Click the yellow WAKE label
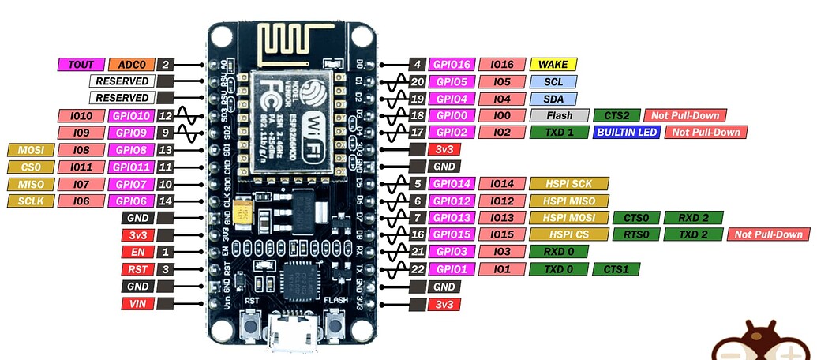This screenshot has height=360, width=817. point(553,64)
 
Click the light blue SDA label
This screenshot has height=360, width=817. point(553,99)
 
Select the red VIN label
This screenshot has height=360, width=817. point(137,304)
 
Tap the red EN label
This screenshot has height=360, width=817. point(137,252)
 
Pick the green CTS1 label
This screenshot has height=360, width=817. point(616,269)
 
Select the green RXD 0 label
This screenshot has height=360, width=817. point(559,252)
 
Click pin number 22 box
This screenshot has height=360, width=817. point(418,269)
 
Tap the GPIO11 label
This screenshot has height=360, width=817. point(130,167)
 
